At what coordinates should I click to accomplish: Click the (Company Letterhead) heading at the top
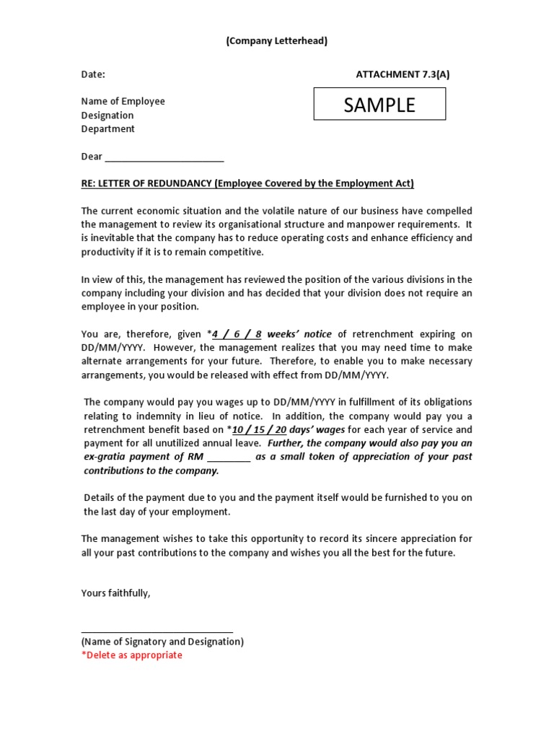tap(277, 41)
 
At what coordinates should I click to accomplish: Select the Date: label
tap(93, 74)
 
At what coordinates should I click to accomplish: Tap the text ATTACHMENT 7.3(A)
tap(403, 74)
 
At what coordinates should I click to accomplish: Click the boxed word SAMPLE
tap(379, 105)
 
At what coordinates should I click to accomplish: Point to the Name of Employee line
tap(123, 101)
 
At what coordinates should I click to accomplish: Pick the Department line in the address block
tap(107, 129)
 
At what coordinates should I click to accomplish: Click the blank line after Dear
tap(164, 157)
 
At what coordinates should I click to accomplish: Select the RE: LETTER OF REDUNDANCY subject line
tap(247, 183)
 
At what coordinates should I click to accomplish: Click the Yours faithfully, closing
tap(116, 593)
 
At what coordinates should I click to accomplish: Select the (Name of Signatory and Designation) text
tap(162, 642)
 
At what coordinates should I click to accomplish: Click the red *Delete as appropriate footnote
tap(132, 655)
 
